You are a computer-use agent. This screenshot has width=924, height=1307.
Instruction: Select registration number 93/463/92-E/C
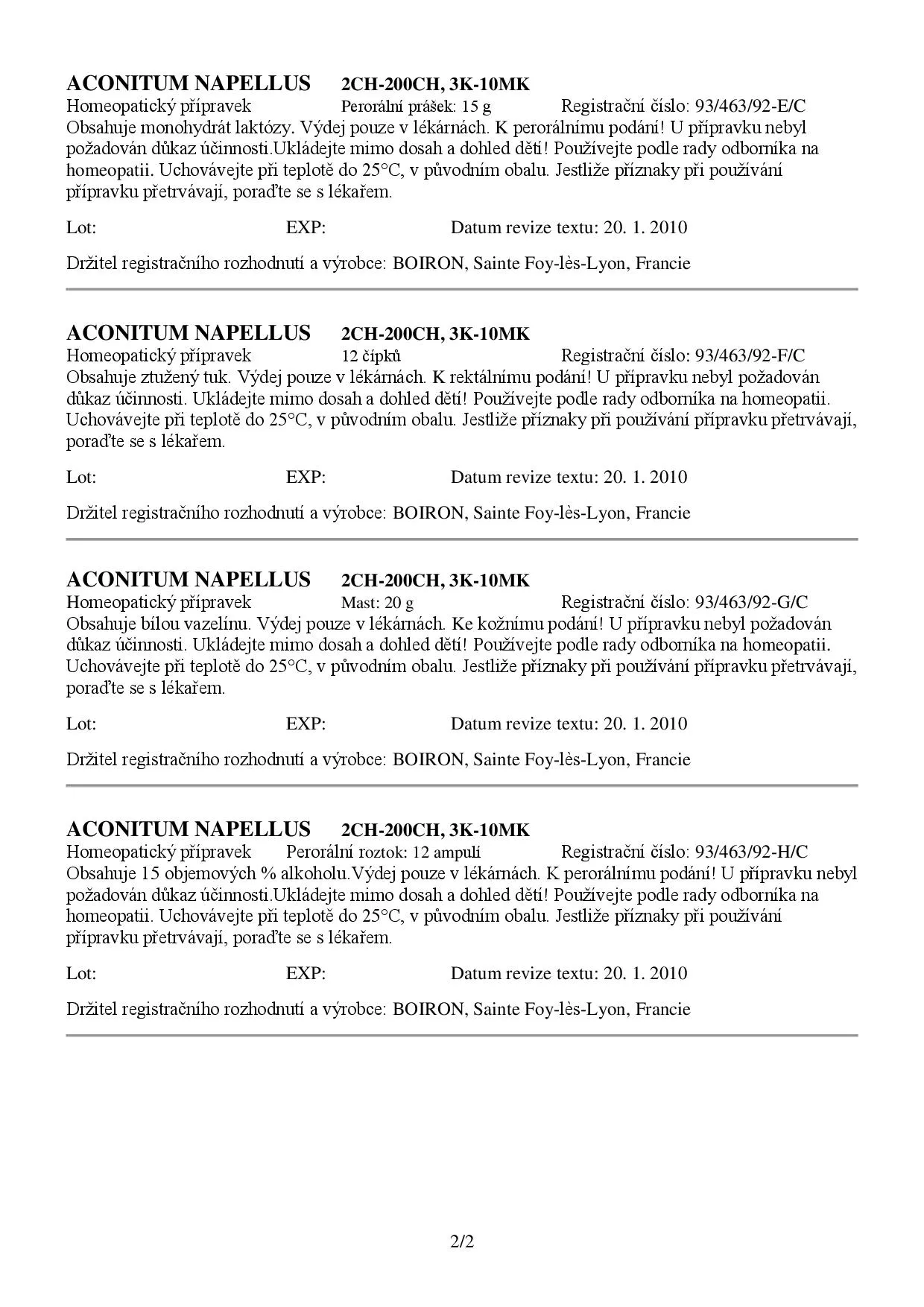point(750,106)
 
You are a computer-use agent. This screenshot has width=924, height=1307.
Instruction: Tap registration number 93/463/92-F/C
point(750,355)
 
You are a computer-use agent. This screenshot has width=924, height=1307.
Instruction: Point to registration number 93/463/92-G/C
point(751,602)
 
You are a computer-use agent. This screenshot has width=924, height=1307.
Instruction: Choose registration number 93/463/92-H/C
point(751,852)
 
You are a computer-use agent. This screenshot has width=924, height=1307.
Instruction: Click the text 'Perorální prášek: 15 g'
point(416,107)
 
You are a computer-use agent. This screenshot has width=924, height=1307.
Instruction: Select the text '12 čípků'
point(371,356)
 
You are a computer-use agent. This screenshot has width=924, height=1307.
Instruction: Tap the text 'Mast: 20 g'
point(377,603)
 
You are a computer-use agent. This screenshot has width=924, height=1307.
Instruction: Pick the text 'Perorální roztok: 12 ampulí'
point(383,852)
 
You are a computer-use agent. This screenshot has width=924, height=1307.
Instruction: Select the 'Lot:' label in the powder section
point(81,227)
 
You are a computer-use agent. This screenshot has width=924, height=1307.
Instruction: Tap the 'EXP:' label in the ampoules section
point(306,973)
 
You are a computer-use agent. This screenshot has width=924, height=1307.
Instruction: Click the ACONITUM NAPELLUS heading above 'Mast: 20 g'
point(189,580)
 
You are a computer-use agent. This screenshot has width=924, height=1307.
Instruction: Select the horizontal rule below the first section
point(462,289)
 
